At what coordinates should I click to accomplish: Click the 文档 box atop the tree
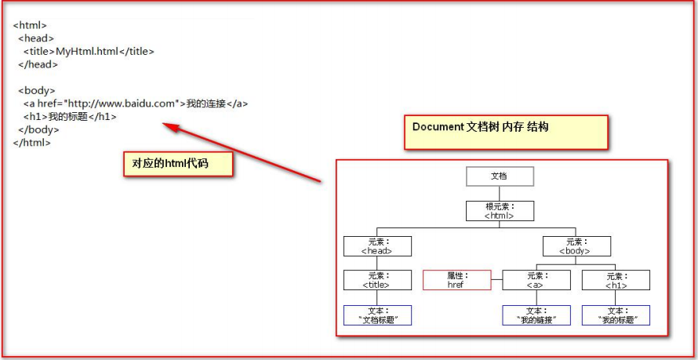499,176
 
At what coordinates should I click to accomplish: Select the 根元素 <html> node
500,211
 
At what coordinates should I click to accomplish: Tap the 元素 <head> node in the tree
377,245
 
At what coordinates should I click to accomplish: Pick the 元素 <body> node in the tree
576,245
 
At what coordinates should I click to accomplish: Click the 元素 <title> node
377,280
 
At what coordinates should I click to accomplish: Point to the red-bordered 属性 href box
456,280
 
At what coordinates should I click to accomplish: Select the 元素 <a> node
536,280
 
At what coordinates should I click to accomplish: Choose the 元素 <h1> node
616,280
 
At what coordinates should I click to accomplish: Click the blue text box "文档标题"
377,315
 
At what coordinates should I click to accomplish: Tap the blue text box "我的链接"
536,315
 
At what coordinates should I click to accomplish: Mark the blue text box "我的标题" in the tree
616,315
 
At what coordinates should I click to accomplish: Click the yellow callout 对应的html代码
177,164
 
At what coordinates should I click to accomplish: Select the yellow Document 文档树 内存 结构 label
505,131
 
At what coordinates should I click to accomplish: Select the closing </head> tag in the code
38,64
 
